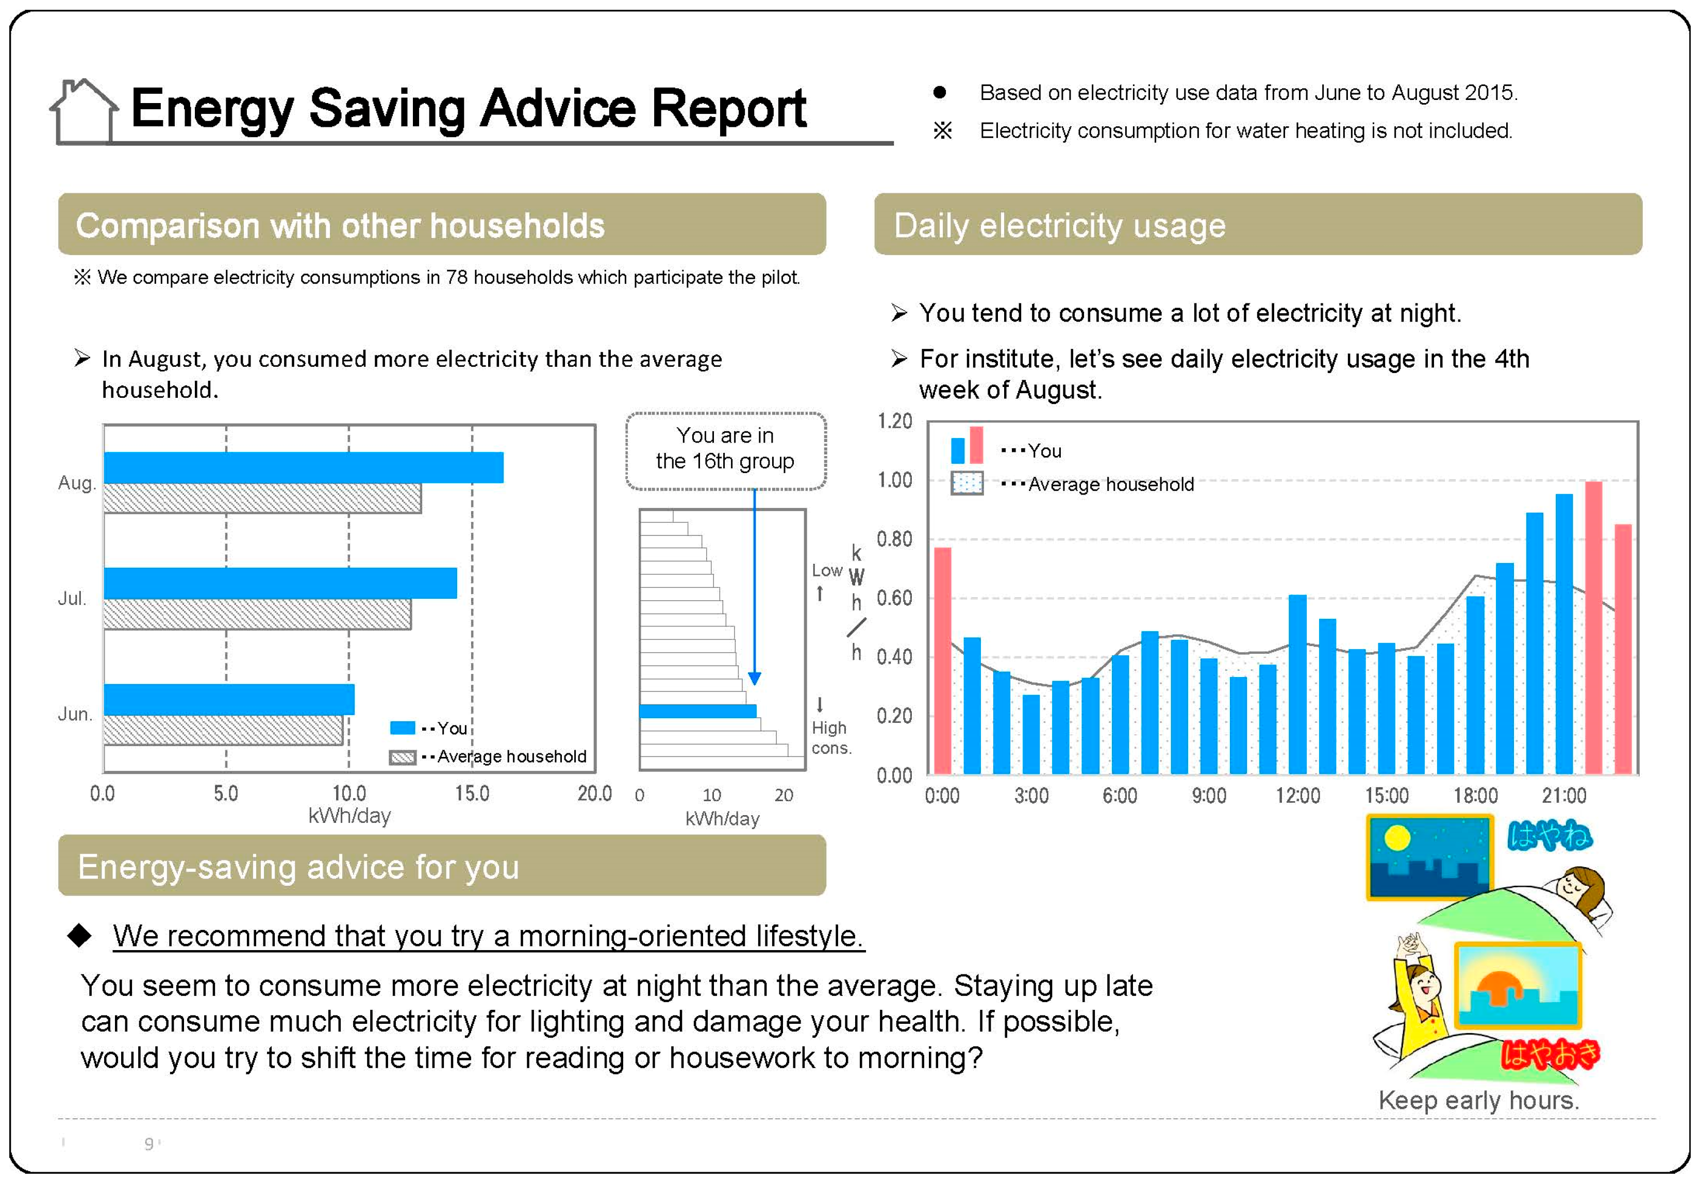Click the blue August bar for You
[304, 467]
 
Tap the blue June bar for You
[229, 699]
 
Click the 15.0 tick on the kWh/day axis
[472, 793]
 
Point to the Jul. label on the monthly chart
[72, 598]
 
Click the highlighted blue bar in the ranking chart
[697, 711]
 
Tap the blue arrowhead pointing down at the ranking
[755, 678]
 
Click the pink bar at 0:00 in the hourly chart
[943, 661]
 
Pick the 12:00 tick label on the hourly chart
[1297, 796]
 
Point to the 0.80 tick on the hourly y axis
[894, 539]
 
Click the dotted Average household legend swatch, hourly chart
[966, 483]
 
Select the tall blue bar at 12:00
[1297, 684]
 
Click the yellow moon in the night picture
[1397, 838]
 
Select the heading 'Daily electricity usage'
[1060, 225]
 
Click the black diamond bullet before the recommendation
[79, 936]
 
